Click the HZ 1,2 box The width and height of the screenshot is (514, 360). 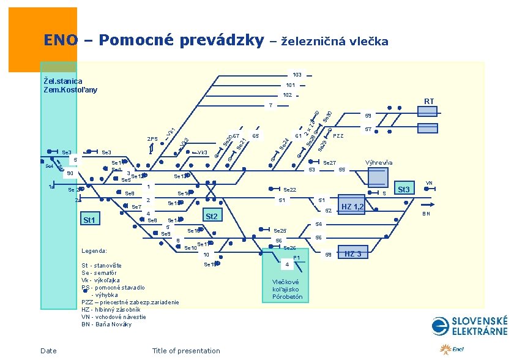352,207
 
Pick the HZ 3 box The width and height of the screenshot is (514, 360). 354,254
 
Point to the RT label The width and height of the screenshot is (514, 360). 429,102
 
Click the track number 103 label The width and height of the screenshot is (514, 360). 297,75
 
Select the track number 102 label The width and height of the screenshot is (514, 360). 287,96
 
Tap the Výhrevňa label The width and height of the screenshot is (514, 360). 379,163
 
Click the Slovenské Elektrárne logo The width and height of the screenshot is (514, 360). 469,326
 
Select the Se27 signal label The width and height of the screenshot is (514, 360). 329,163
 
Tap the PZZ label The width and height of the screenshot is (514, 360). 338,136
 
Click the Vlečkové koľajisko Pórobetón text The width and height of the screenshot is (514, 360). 287,289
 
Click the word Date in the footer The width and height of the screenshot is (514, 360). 48,351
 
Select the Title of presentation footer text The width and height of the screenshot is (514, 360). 186,351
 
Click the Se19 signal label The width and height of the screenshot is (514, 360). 210,264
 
